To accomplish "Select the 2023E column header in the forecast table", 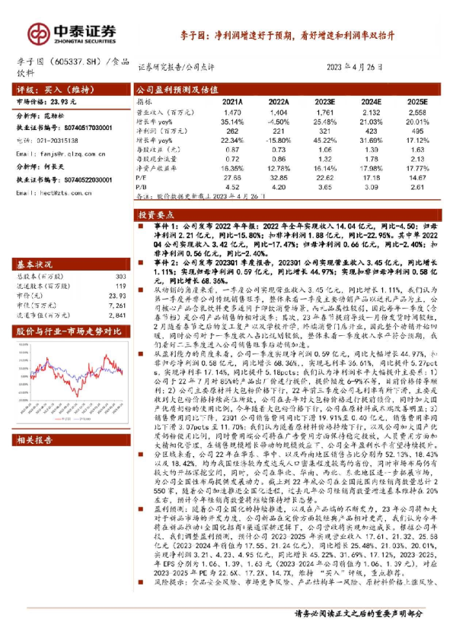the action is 324,100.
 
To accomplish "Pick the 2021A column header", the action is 231,100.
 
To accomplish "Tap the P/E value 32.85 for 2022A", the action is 278,176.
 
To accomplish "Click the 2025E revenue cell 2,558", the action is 417,112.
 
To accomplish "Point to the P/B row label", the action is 142,185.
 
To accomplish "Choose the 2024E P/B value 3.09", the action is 371,185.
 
